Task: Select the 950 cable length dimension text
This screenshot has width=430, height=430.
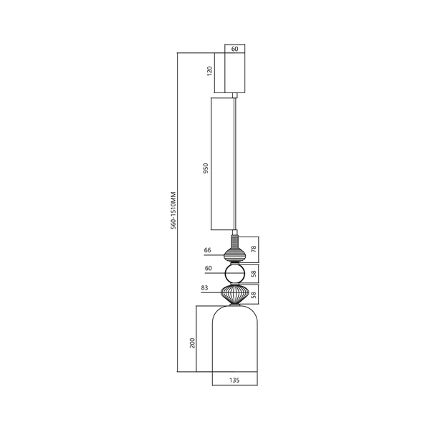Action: coord(206,168)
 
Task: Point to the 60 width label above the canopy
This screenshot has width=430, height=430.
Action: coord(235,49)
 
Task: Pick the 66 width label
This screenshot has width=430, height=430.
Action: coord(208,251)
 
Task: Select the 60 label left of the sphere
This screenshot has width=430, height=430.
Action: coord(209,269)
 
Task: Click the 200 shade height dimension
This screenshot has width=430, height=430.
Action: coord(191,342)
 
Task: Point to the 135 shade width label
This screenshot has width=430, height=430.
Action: coord(234,381)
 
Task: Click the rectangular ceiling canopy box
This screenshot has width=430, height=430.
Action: coord(235,72)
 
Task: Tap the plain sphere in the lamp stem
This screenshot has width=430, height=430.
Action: coord(235,274)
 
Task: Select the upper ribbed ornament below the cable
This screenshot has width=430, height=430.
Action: coord(235,253)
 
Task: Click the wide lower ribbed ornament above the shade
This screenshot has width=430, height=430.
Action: coord(235,295)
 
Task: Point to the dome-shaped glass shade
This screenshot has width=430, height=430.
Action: coord(234,340)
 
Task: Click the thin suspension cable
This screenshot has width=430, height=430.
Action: coord(236,165)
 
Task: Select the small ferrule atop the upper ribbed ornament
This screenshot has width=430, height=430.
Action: coord(235,239)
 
